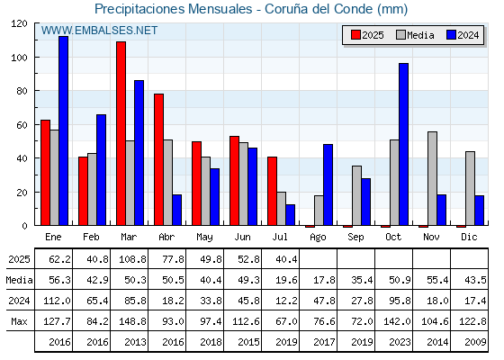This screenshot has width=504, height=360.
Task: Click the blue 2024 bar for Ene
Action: click(x=64, y=130)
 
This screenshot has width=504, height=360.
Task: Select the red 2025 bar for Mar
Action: click(x=121, y=133)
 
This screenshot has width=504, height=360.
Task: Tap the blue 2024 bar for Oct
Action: click(x=404, y=144)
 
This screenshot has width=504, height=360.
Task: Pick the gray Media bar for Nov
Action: click(x=432, y=178)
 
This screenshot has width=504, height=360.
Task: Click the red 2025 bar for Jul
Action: click(x=272, y=191)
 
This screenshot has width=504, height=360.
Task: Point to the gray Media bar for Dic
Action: click(x=470, y=188)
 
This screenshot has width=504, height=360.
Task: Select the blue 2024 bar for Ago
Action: click(x=328, y=184)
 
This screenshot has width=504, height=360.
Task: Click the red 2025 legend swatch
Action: click(x=355, y=35)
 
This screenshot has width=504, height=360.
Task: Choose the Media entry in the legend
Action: click(x=415, y=35)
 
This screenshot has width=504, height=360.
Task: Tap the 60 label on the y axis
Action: click(x=22, y=125)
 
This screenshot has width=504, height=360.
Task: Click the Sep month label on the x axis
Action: click(x=355, y=238)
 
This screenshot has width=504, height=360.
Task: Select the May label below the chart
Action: click(x=204, y=238)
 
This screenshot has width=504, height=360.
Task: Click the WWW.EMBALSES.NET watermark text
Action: click(x=99, y=31)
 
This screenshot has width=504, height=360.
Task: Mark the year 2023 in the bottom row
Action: click(x=400, y=342)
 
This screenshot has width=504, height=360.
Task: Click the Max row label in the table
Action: click(x=19, y=321)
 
